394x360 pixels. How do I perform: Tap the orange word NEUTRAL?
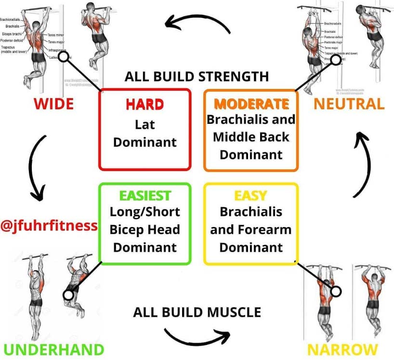click(349, 103)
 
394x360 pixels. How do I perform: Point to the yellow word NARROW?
click(342, 349)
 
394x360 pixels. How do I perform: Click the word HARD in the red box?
click(144, 104)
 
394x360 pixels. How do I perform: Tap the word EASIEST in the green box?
click(144, 195)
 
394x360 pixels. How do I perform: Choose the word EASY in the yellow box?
click(251, 195)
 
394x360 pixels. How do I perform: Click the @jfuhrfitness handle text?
click(49, 225)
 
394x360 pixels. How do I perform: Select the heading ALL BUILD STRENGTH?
click(197, 76)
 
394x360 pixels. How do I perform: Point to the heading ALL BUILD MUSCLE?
click(197, 312)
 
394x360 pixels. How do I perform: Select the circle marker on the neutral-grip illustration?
click(336, 60)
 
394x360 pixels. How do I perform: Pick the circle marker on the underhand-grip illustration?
click(69, 293)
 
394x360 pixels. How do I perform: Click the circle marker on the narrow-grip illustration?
click(336, 291)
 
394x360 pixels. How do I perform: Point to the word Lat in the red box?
click(144, 124)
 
